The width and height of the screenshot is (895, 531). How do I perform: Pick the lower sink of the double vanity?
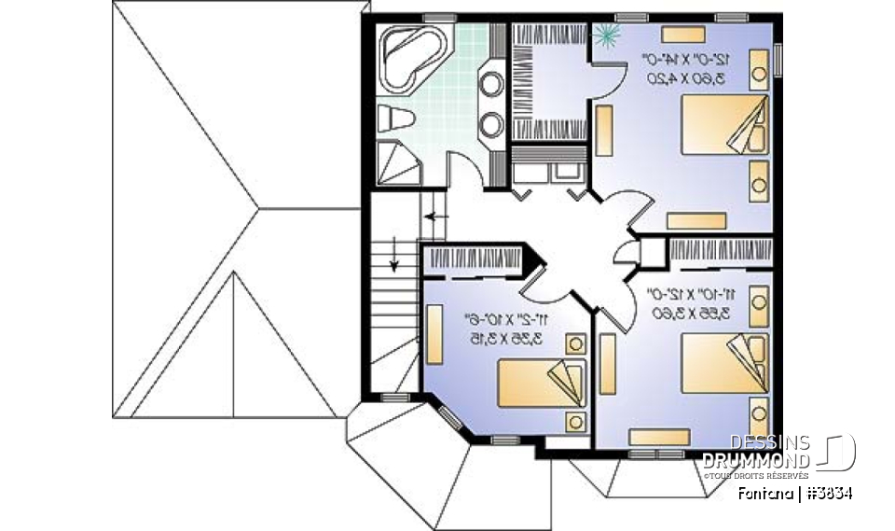coord(490,122)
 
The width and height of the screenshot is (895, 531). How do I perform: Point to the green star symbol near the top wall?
coord(607,35)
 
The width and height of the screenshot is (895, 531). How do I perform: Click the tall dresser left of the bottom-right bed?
coord(608,365)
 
